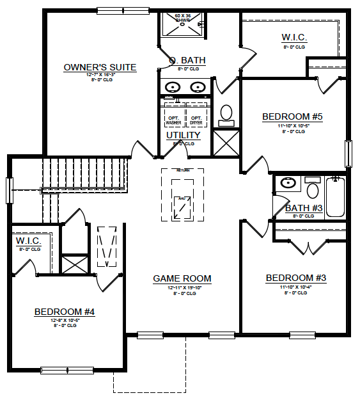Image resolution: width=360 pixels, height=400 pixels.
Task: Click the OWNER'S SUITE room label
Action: pos(100,67)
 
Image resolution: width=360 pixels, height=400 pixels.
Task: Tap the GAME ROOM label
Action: pos(182,278)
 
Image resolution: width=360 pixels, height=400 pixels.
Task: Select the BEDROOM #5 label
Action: pos(292,116)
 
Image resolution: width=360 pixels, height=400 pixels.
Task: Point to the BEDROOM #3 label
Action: pos(296,278)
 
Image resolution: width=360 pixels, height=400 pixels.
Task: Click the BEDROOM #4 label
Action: pos(65,312)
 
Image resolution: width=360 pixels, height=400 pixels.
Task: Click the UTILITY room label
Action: pos(184,136)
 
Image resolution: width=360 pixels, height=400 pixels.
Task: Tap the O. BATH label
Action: pos(187,61)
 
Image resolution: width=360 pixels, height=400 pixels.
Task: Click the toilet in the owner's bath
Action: pos(226,115)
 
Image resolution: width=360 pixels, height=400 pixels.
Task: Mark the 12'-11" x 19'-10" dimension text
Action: pos(182,287)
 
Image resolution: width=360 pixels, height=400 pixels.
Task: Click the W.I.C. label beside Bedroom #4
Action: pos(28,241)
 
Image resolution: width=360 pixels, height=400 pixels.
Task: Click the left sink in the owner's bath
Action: pos(173,86)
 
